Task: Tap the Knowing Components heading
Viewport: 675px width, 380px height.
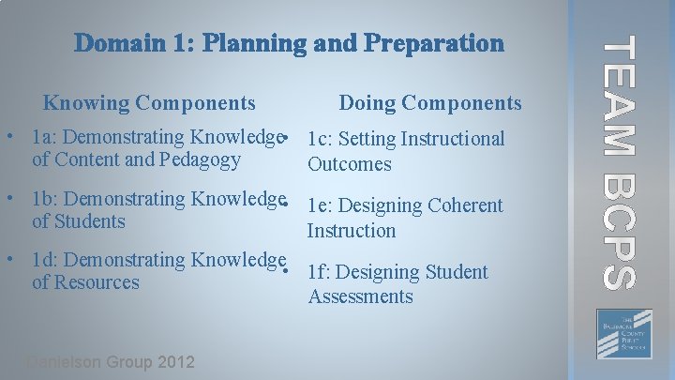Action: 149,102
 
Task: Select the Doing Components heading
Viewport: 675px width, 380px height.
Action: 430,103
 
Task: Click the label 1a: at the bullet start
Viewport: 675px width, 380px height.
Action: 43,138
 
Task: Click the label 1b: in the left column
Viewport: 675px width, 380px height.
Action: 44,199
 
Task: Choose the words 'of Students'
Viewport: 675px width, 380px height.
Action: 78,221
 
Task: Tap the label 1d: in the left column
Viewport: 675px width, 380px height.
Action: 44,260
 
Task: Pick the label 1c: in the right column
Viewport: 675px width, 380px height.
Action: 319,140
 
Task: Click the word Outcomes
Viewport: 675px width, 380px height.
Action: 349,164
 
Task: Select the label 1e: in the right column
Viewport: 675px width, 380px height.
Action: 319,205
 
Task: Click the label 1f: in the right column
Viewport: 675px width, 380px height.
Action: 318,272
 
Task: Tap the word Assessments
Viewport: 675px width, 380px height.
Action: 360,296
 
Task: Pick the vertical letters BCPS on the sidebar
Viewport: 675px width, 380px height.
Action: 621,230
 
